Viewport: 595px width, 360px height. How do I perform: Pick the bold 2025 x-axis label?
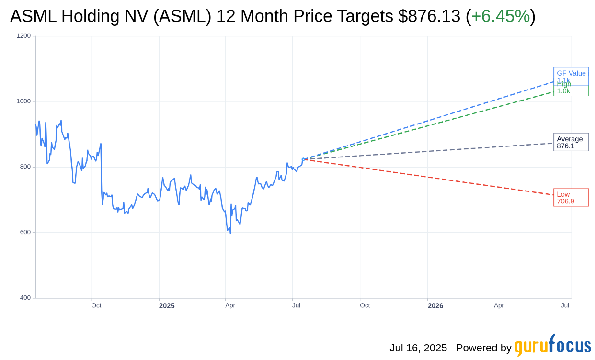(167, 306)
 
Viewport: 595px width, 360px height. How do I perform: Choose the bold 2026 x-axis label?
(435, 306)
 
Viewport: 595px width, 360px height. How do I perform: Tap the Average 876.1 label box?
(571, 142)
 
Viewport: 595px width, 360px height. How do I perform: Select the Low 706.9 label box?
(571, 197)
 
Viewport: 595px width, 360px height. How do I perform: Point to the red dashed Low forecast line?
(431, 178)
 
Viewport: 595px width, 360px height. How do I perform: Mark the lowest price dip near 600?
(230, 233)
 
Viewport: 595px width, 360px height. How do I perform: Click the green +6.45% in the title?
(501, 17)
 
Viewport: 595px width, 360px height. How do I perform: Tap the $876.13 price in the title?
(429, 17)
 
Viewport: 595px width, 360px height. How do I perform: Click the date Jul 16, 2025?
(418, 348)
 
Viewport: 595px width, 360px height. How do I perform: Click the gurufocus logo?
(552, 346)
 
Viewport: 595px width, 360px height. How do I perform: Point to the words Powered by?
(483, 348)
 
